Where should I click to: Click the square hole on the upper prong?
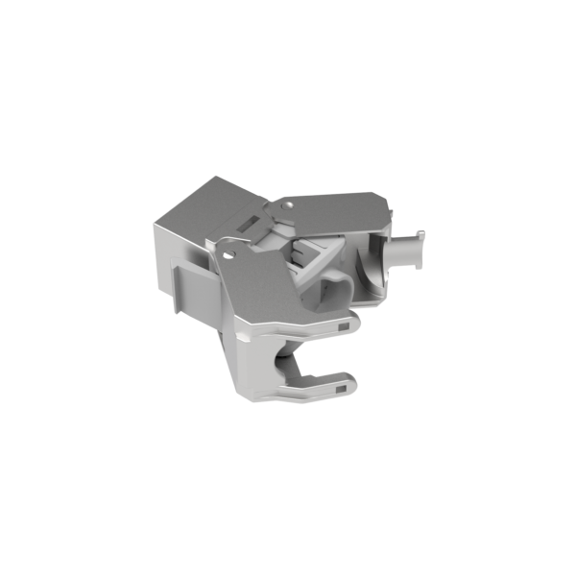pyautogui.click(x=344, y=326)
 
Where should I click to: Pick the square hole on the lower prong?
pyautogui.click(x=343, y=389)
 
